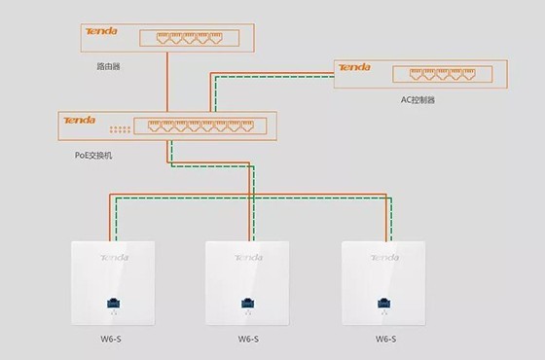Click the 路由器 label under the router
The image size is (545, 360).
[x=108, y=67]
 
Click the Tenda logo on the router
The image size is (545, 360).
[x=102, y=32]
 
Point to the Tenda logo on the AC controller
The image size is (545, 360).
[x=354, y=68]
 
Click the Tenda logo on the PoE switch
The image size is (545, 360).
[x=80, y=120]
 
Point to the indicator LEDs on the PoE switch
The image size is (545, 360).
[x=120, y=129]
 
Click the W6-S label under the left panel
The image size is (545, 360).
[x=113, y=340]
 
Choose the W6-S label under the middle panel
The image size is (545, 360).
[x=250, y=340]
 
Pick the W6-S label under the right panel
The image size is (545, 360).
[x=386, y=340]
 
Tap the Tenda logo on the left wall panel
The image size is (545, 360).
[x=113, y=258]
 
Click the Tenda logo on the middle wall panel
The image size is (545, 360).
[x=250, y=258]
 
